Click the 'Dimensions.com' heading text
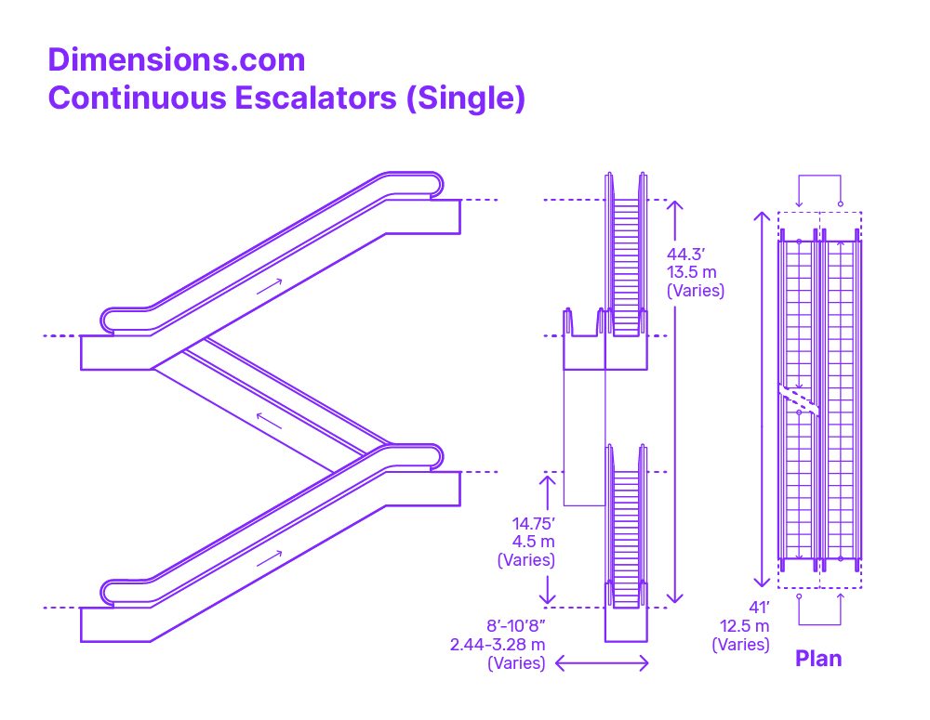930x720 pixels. (177, 60)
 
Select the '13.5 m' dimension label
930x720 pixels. (692, 272)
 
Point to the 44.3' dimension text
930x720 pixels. (685, 255)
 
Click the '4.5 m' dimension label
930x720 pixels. (533, 542)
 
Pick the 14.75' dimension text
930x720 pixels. (533, 524)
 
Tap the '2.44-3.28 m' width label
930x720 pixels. (497, 645)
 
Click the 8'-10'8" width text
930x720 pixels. (515, 626)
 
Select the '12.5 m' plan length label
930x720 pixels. (744, 626)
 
